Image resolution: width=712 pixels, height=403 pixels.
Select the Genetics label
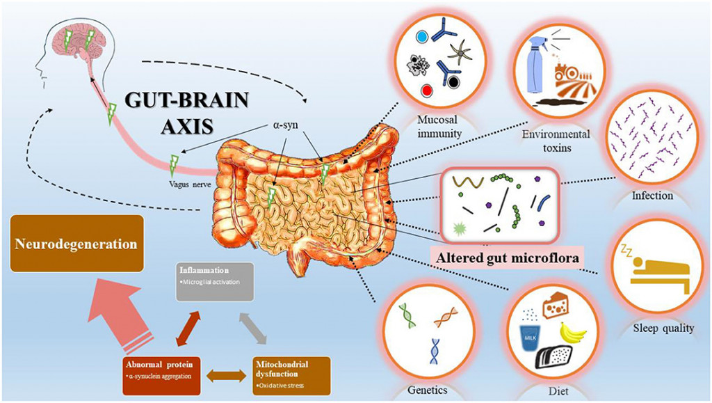tap(426, 389)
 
